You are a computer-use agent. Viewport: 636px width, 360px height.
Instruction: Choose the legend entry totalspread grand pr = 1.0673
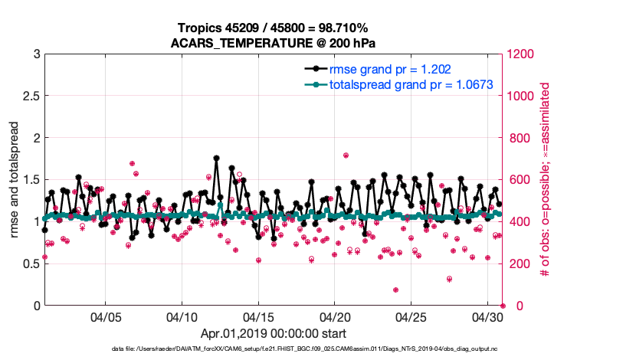click(411, 83)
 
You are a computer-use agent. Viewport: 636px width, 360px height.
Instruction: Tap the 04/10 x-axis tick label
click(182, 316)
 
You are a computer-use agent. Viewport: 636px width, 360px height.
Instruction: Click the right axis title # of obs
click(546, 180)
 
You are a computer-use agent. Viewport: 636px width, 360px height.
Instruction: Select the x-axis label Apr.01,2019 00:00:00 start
click(274, 333)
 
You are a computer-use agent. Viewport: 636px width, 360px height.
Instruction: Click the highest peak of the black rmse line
click(217, 159)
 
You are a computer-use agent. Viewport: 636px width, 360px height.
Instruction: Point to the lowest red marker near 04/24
click(395, 290)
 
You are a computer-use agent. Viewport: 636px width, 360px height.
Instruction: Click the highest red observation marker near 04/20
click(346, 155)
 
